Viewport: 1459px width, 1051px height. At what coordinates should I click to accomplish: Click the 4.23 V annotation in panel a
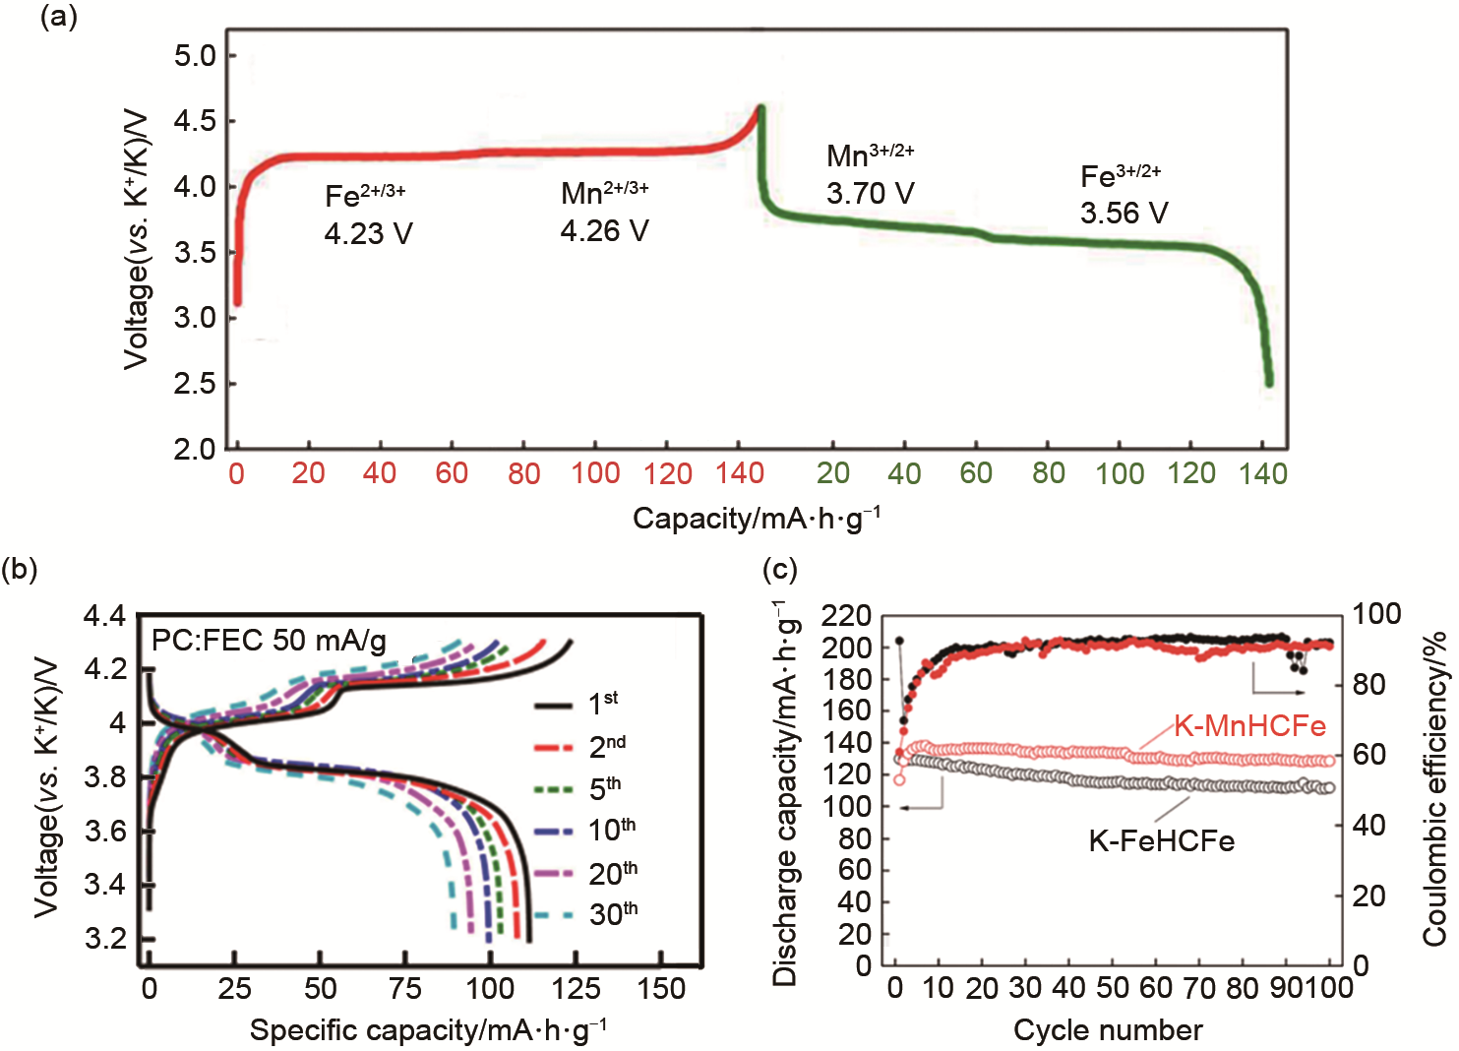pos(368,234)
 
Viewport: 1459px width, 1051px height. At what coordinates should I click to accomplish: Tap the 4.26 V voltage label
pos(604,231)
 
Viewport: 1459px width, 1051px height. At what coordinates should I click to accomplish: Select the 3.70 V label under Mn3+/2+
pos(870,194)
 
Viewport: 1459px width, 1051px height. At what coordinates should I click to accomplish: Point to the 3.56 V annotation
pos(1124,214)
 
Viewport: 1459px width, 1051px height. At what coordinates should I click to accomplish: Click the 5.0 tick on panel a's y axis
pos(195,56)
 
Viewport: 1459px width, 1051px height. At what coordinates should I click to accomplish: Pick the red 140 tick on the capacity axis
pos(740,474)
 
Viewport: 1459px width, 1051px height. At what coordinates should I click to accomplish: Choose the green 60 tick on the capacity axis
pos(976,474)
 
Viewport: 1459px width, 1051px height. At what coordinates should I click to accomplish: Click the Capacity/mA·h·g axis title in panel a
pos(756,519)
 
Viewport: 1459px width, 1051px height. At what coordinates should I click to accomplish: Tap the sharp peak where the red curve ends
pos(760,106)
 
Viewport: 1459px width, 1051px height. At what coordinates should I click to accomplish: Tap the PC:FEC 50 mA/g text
pos(269,642)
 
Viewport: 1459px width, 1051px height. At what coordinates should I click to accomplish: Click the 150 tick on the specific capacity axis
pos(661,988)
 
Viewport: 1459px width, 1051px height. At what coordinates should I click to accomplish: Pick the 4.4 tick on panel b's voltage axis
pos(104,617)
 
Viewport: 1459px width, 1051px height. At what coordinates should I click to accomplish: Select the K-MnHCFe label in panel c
pos(1249,726)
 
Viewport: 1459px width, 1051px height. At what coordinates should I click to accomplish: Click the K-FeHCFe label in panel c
pos(1161,841)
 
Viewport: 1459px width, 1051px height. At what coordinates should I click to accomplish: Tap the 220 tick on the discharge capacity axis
pos(847,617)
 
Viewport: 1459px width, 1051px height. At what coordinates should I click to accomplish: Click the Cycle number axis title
pos(1108,1030)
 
